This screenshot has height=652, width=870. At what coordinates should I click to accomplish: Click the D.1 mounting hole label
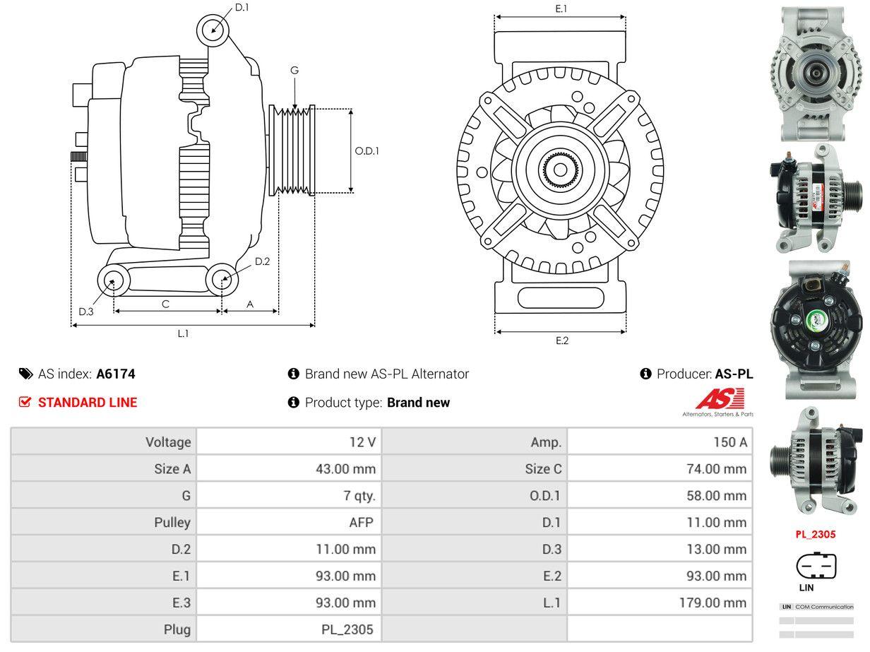click(x=242, y=7)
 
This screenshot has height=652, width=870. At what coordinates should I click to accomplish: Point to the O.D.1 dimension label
click(x=367, y=150)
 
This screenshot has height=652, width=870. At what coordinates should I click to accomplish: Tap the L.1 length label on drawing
click(x=183, y=333)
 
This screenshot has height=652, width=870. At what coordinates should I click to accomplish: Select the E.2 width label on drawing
click(x=561, y=340)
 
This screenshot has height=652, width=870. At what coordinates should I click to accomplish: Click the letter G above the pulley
click(x=294, y=70)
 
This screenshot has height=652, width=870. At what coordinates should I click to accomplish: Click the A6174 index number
click(x=116, y=374)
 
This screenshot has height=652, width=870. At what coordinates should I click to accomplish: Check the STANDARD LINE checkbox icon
click(x=25, y=403)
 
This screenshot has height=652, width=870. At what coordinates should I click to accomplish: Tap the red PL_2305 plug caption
click(x=815, y=534)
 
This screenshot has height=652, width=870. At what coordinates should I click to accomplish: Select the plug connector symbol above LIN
click(x=816, y=566)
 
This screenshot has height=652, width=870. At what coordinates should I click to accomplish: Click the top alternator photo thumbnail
click(x=816, y=73)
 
